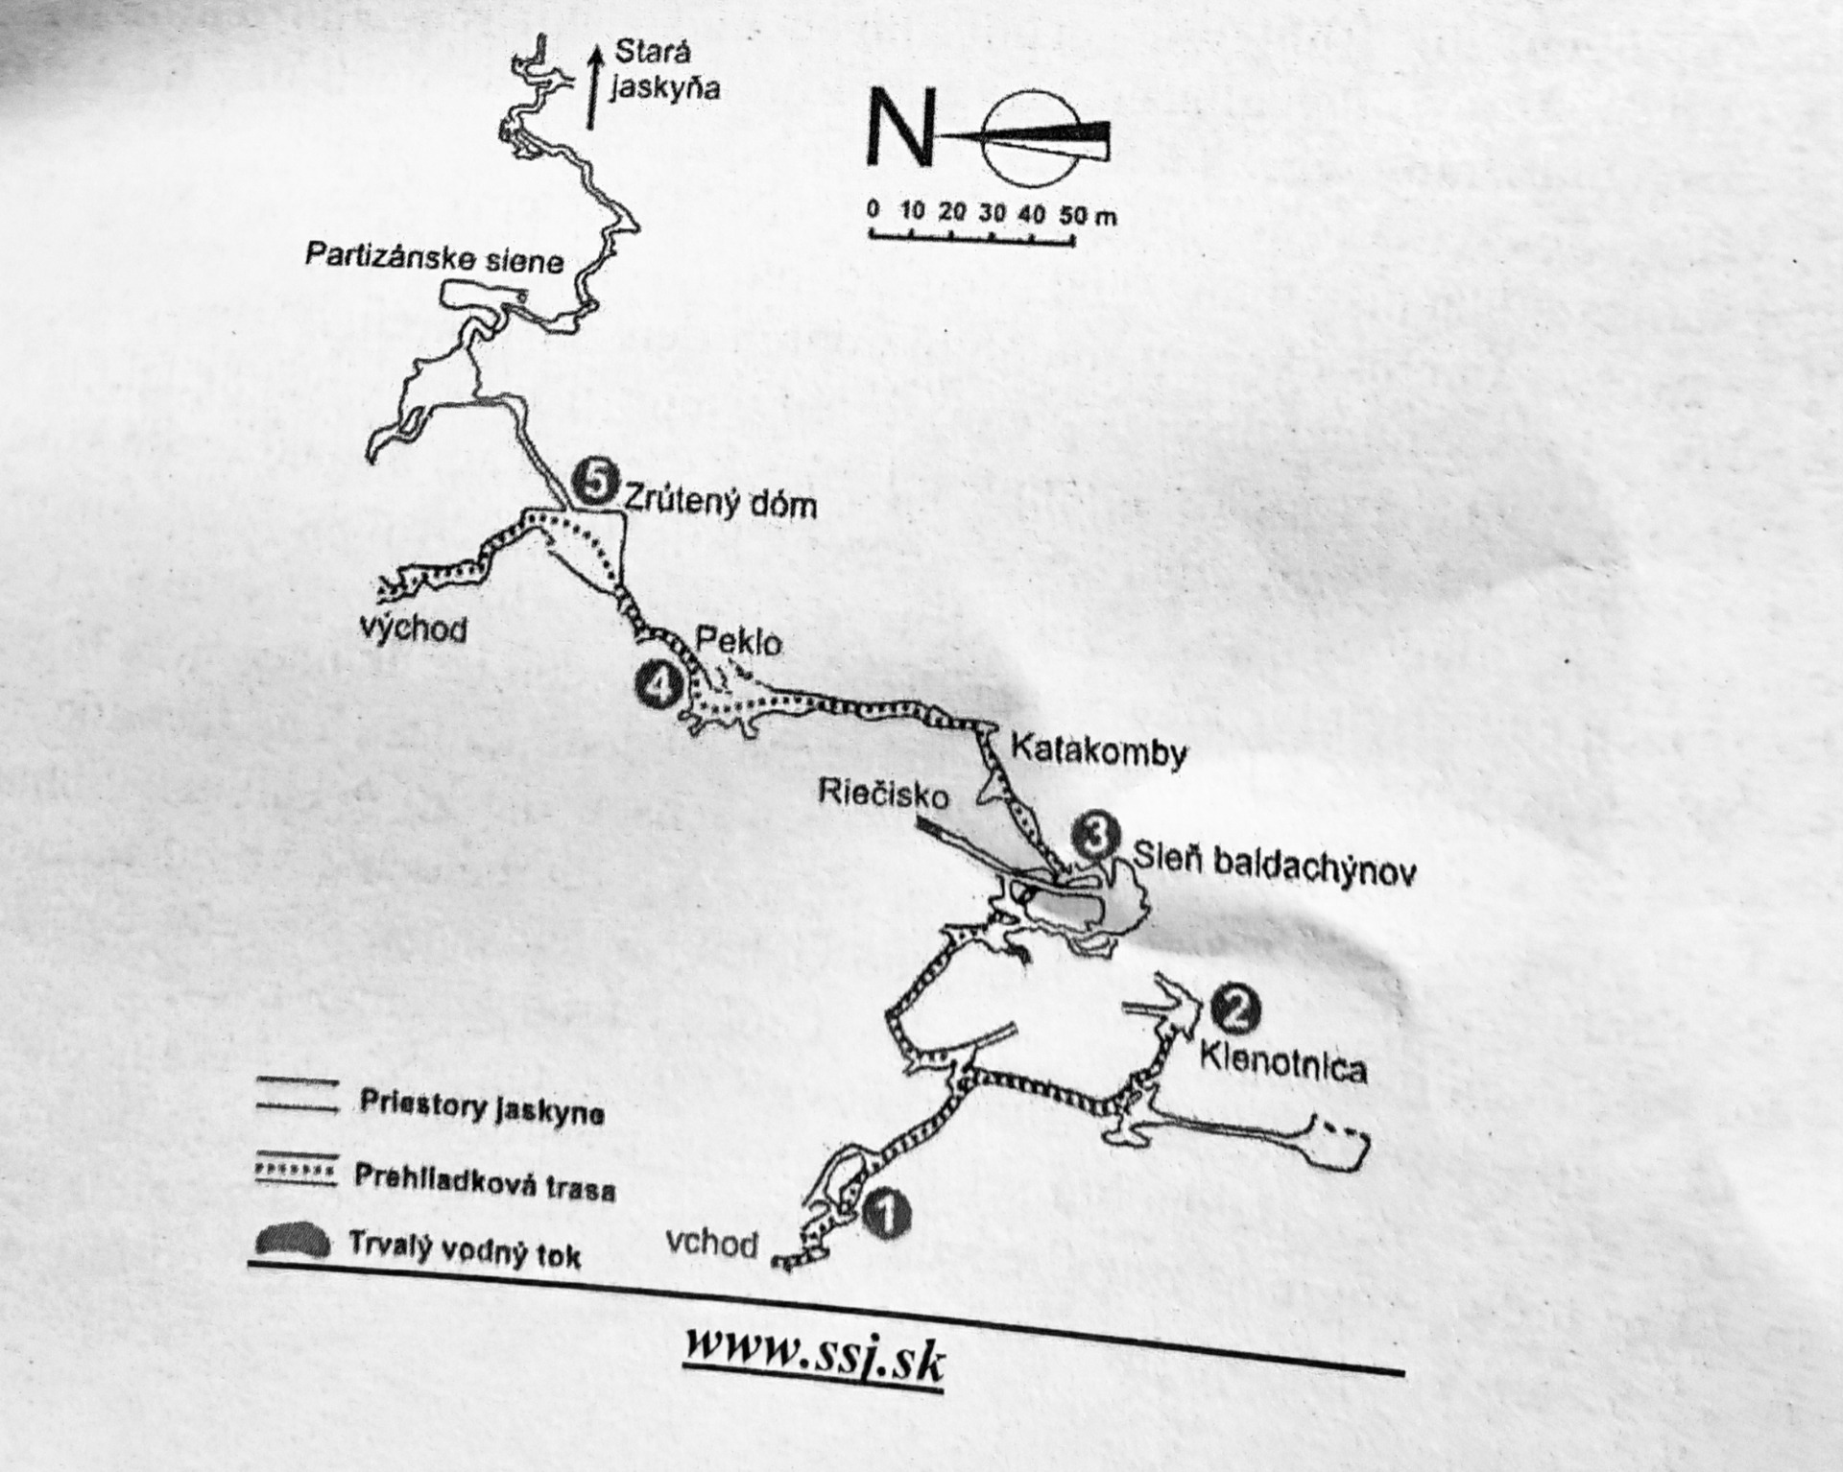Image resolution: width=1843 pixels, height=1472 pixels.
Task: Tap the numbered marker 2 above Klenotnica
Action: (x=1234, y=1008)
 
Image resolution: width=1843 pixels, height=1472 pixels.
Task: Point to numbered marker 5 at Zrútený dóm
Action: (x=595, y=482)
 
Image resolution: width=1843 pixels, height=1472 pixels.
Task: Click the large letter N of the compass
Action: (x=899, y=127)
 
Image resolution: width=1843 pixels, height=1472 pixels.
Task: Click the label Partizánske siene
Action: (x=434, y=258)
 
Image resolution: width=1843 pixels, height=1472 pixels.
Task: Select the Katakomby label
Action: (x=1099, y=749)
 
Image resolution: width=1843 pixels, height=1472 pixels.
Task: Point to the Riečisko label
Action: (x=883, y=795)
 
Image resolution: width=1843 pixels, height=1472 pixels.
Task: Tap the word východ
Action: (x=414, y=629)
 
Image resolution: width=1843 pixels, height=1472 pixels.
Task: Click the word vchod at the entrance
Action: (x=711, y=1245)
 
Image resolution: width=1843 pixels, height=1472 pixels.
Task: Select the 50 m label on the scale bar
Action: (x=1088, y=214)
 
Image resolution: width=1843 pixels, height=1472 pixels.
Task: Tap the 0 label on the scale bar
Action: (x=873, y=208)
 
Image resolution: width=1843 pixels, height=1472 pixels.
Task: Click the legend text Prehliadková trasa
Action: (x=485, y=1182)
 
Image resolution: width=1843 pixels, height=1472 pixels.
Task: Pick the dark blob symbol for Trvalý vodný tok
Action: (x=293, y=1243)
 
